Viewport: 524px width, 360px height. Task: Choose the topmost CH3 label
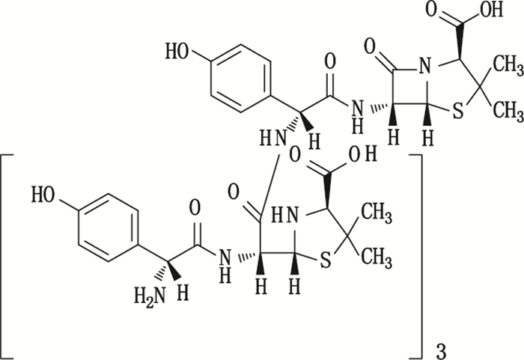[507, 70]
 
